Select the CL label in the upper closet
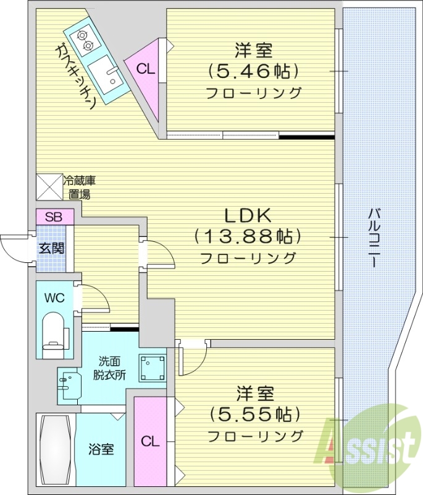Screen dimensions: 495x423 pos(145,68)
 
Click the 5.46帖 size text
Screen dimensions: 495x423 pos(254,71)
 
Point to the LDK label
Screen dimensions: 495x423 pos(248,216)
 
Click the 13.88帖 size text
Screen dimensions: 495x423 pos(248,236)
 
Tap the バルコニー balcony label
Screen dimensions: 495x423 pos(373,238)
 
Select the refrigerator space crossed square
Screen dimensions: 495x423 pos(49,186)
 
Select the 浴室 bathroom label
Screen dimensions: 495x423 pos(101,449)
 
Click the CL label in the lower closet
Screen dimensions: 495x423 pos(150,442)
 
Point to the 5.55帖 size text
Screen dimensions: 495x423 pos(254,413)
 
